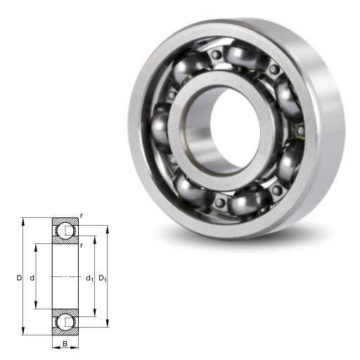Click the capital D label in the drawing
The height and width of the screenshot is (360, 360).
(19, 278)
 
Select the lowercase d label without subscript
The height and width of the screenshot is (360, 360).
(32, 278)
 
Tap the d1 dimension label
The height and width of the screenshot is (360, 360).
(89, 278)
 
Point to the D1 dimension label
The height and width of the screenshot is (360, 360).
(103, 278)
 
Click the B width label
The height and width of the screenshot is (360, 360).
(65, 344)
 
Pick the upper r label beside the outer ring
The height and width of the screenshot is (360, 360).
(81, 216)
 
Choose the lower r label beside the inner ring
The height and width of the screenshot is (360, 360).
(81, 245)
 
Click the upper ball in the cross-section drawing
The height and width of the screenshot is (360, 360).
(65, 231)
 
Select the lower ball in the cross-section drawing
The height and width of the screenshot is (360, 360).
(65, 322)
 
